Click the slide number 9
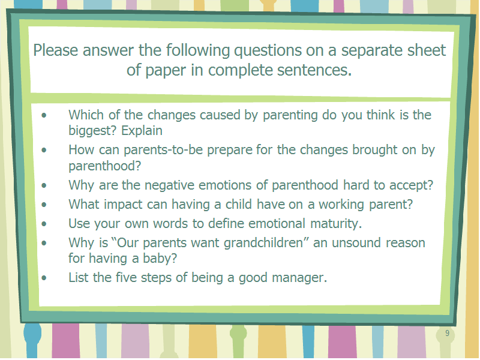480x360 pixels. click(x=447, y=333)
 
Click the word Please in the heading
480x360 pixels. click(x=56, y=50)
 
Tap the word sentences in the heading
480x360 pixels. click(x=314, y=70)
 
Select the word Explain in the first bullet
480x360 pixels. click(x=142, y=131)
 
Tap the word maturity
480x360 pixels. click(x=336, y=224)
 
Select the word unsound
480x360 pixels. click(x=356, y=243)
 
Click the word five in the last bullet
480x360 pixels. click(x=125, y=277)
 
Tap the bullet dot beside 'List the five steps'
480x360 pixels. click(x=44, y=278)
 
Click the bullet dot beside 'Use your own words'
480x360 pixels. click(x=44, y=224)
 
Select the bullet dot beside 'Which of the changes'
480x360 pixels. click(x=44, y=115)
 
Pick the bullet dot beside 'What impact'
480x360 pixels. click(x=44, y=205)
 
